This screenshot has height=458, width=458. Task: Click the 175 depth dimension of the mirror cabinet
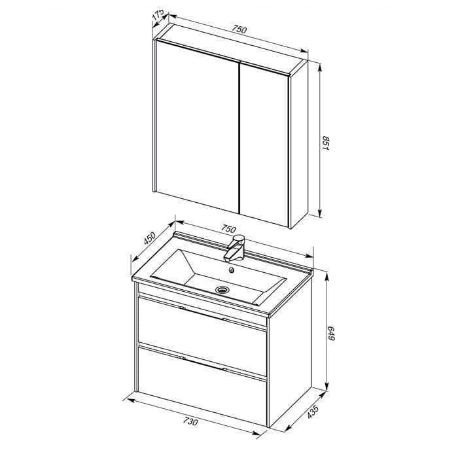[158, 16]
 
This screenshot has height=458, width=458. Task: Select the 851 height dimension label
[325, 143]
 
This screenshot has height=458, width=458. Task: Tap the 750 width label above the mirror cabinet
[239, 29]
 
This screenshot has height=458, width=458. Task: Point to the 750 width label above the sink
[228, 229]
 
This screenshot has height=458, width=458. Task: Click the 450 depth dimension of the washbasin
[150, 238]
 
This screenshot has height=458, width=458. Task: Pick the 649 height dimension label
[331, 333]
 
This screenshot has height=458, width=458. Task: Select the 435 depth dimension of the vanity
[312, 412]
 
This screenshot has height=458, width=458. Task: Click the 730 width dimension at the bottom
[190, 422]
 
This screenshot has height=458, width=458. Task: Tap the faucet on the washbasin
[234, 248]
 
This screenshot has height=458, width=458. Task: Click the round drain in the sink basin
[222, 289]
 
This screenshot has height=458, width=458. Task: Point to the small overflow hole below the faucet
[232, 270]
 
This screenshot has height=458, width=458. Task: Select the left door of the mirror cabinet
[198, 126]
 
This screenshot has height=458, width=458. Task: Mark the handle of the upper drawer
[203, 313]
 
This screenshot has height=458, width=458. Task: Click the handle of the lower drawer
[203, 364]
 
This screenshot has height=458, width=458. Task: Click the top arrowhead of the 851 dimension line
[320, 67]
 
